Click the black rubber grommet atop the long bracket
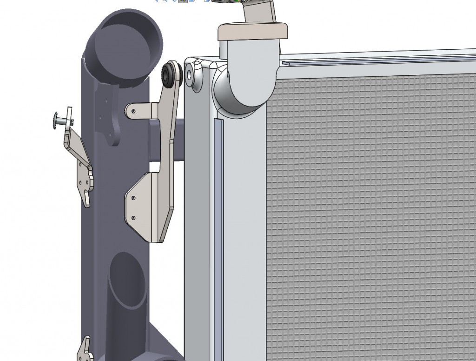170,74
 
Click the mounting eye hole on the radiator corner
190,75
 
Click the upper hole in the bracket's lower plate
134,198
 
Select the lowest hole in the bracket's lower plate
133,217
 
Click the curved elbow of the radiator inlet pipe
242,91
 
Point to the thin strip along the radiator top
372,60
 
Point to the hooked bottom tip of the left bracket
87,200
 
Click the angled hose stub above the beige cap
258,12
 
